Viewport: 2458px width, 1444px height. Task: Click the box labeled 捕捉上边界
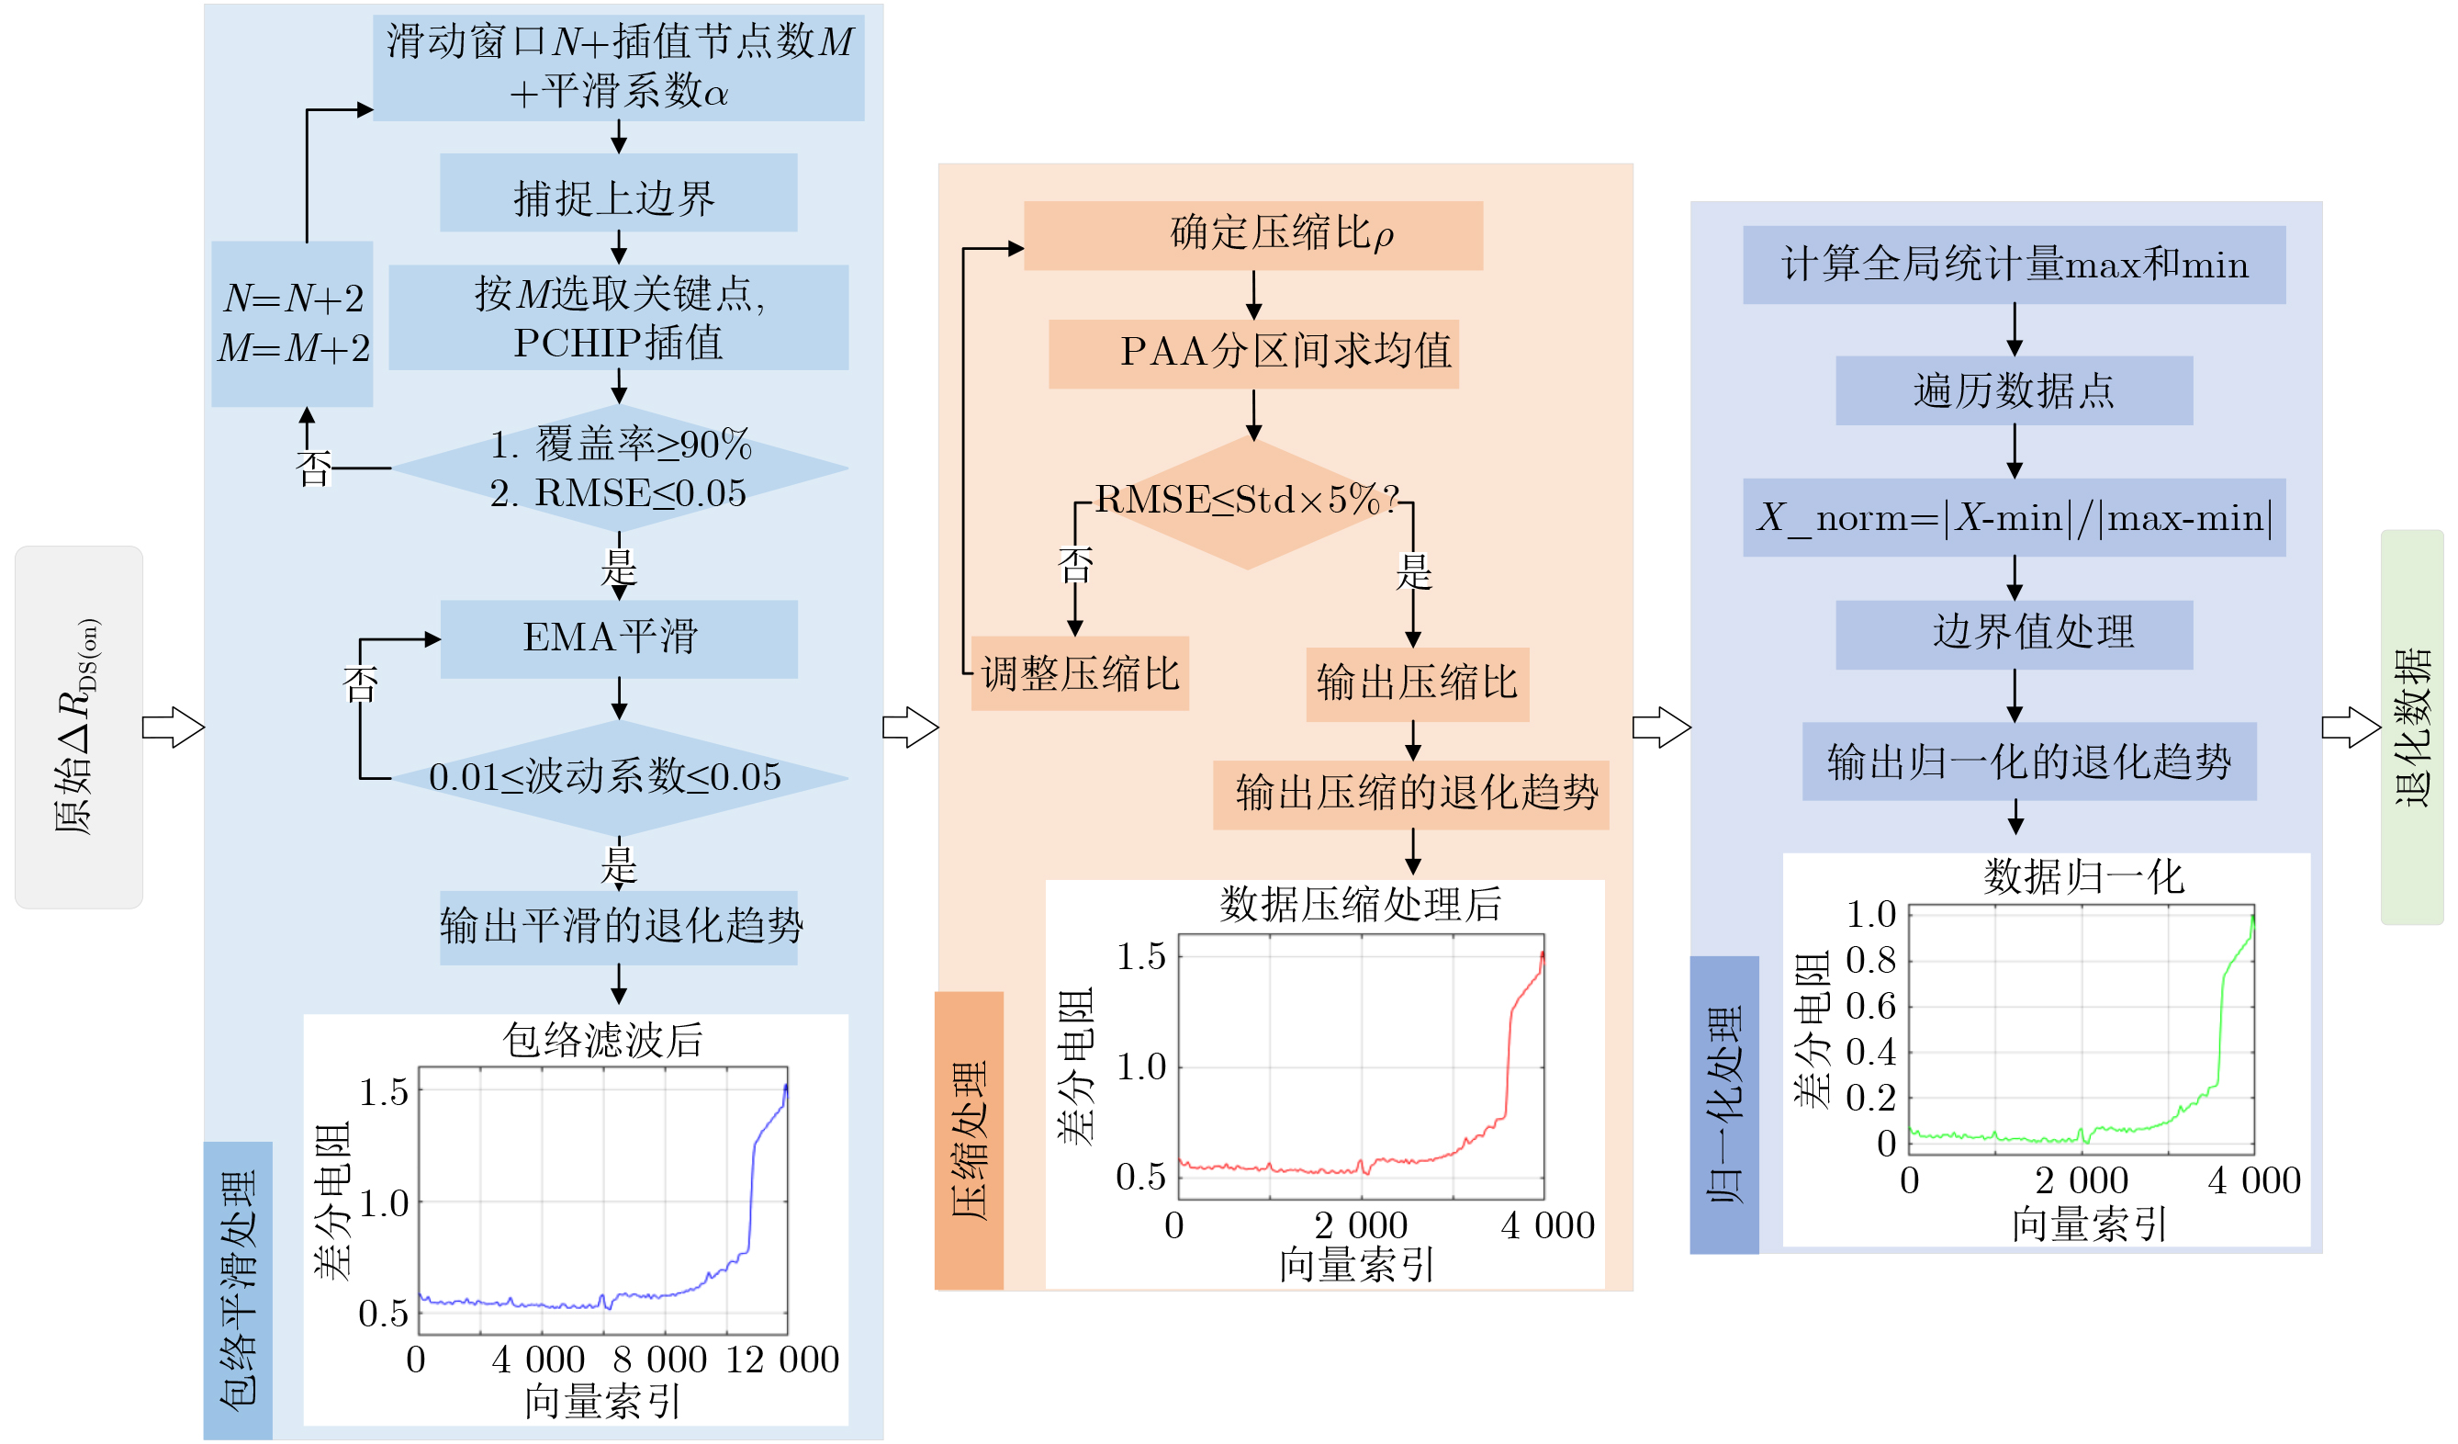[618, 192]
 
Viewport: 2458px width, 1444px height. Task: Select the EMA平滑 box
[618, 639]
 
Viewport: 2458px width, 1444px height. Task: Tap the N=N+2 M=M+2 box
[293, 324]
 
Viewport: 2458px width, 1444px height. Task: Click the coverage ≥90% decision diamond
[620, 468]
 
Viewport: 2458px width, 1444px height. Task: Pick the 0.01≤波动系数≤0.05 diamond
[620, 779]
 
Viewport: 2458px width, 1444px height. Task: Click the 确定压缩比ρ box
[1253, 235]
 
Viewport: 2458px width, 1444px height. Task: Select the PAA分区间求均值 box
[1253, 355]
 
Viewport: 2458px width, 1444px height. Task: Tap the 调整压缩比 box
[1080, 674]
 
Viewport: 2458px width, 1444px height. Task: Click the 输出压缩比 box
[1418, 685]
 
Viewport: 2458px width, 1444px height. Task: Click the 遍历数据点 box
[2015, 390]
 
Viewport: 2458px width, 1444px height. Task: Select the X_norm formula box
[2015, 517]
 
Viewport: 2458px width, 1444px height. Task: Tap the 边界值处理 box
[2015, 635]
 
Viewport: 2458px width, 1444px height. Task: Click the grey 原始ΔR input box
[79, 728]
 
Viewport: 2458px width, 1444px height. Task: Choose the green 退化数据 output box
[2412, 727]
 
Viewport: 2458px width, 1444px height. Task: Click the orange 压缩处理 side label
[969, 1141]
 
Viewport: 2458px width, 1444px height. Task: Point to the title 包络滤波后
[603, 1040]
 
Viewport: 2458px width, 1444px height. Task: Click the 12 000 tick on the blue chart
[782, 1359]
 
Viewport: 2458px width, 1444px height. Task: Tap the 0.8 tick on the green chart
[1870, 960]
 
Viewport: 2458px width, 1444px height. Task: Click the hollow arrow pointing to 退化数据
[2351, 728]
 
